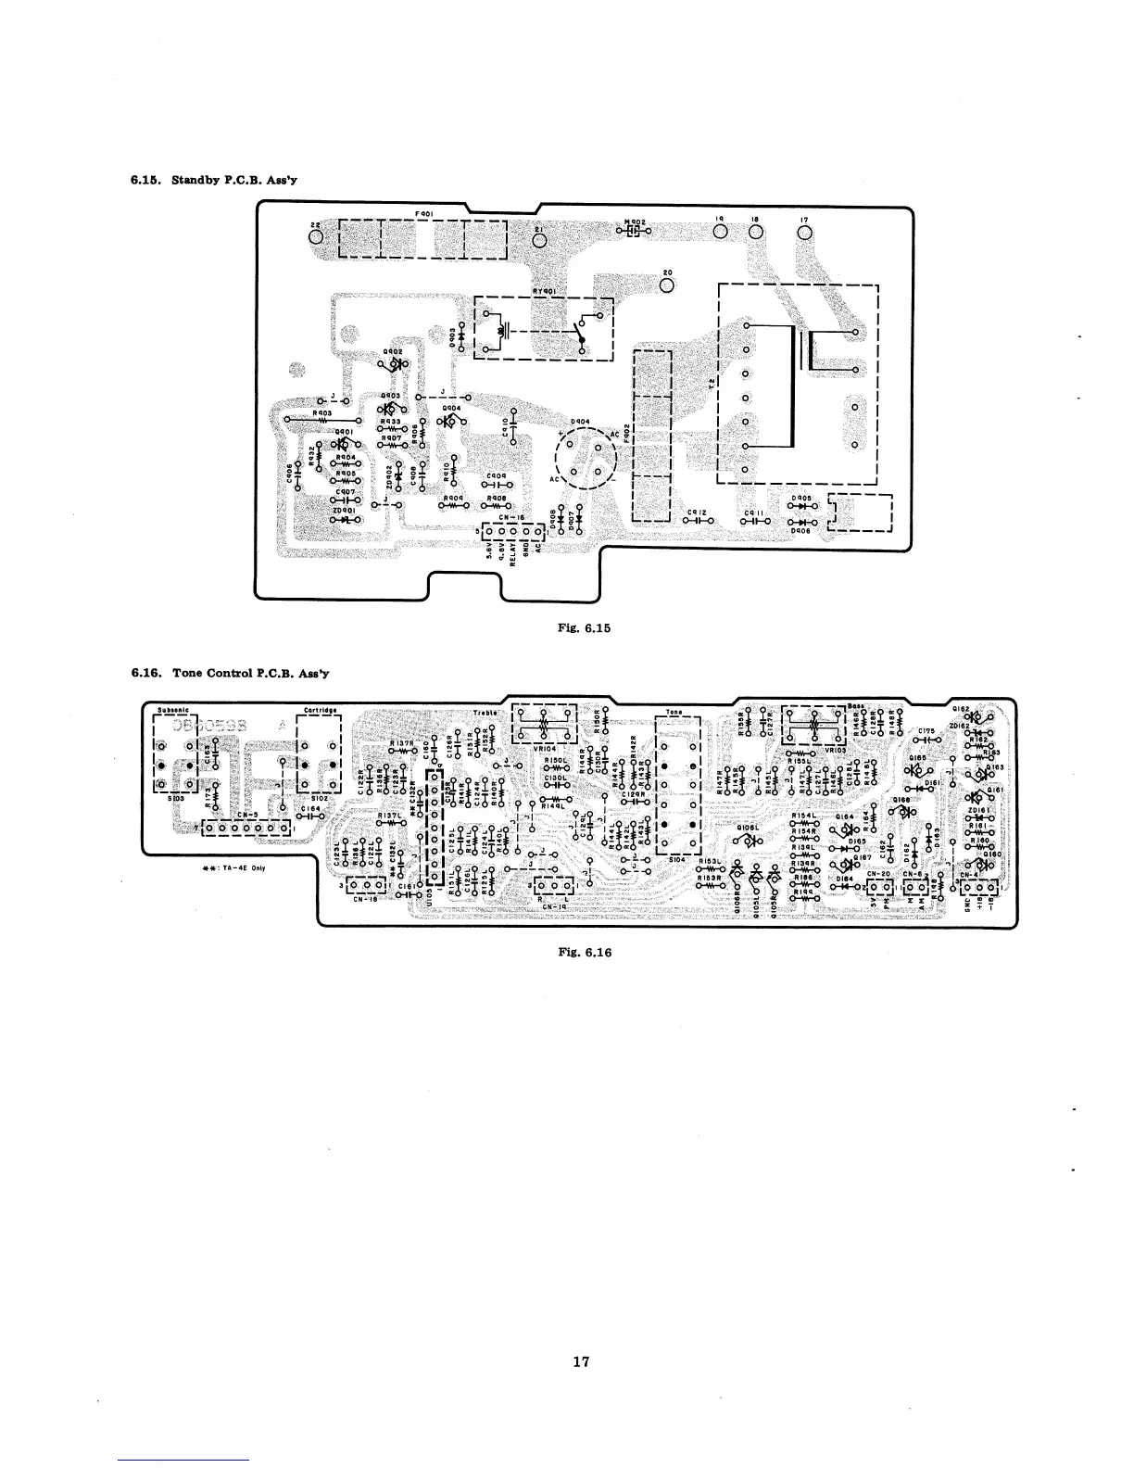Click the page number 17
[580, 1361]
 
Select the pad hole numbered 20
[666, 284]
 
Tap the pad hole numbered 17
[803, 233]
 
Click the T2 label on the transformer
[712, 384]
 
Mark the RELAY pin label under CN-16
[511, 558]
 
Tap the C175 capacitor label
[931, 732]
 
